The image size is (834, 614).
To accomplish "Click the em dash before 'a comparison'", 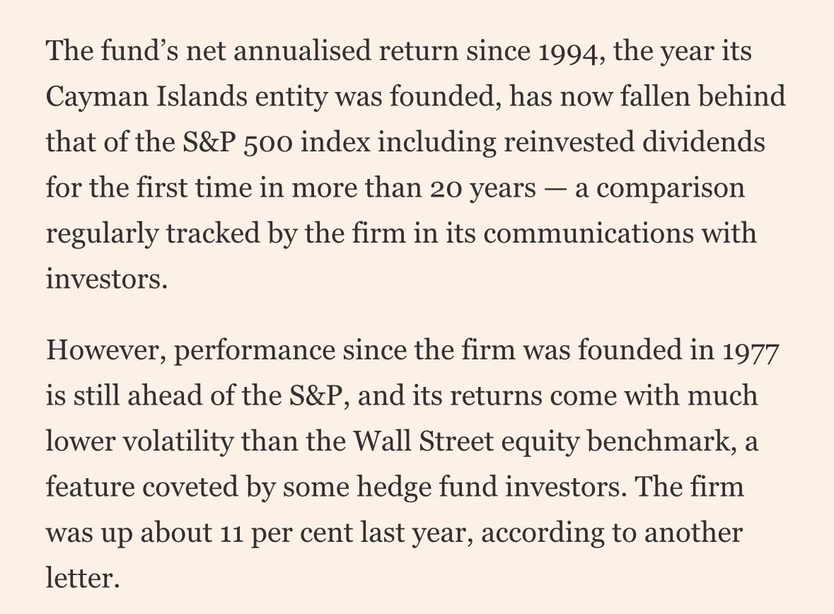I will pos(555,190).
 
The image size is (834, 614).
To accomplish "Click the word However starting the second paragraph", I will pos(104,351).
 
